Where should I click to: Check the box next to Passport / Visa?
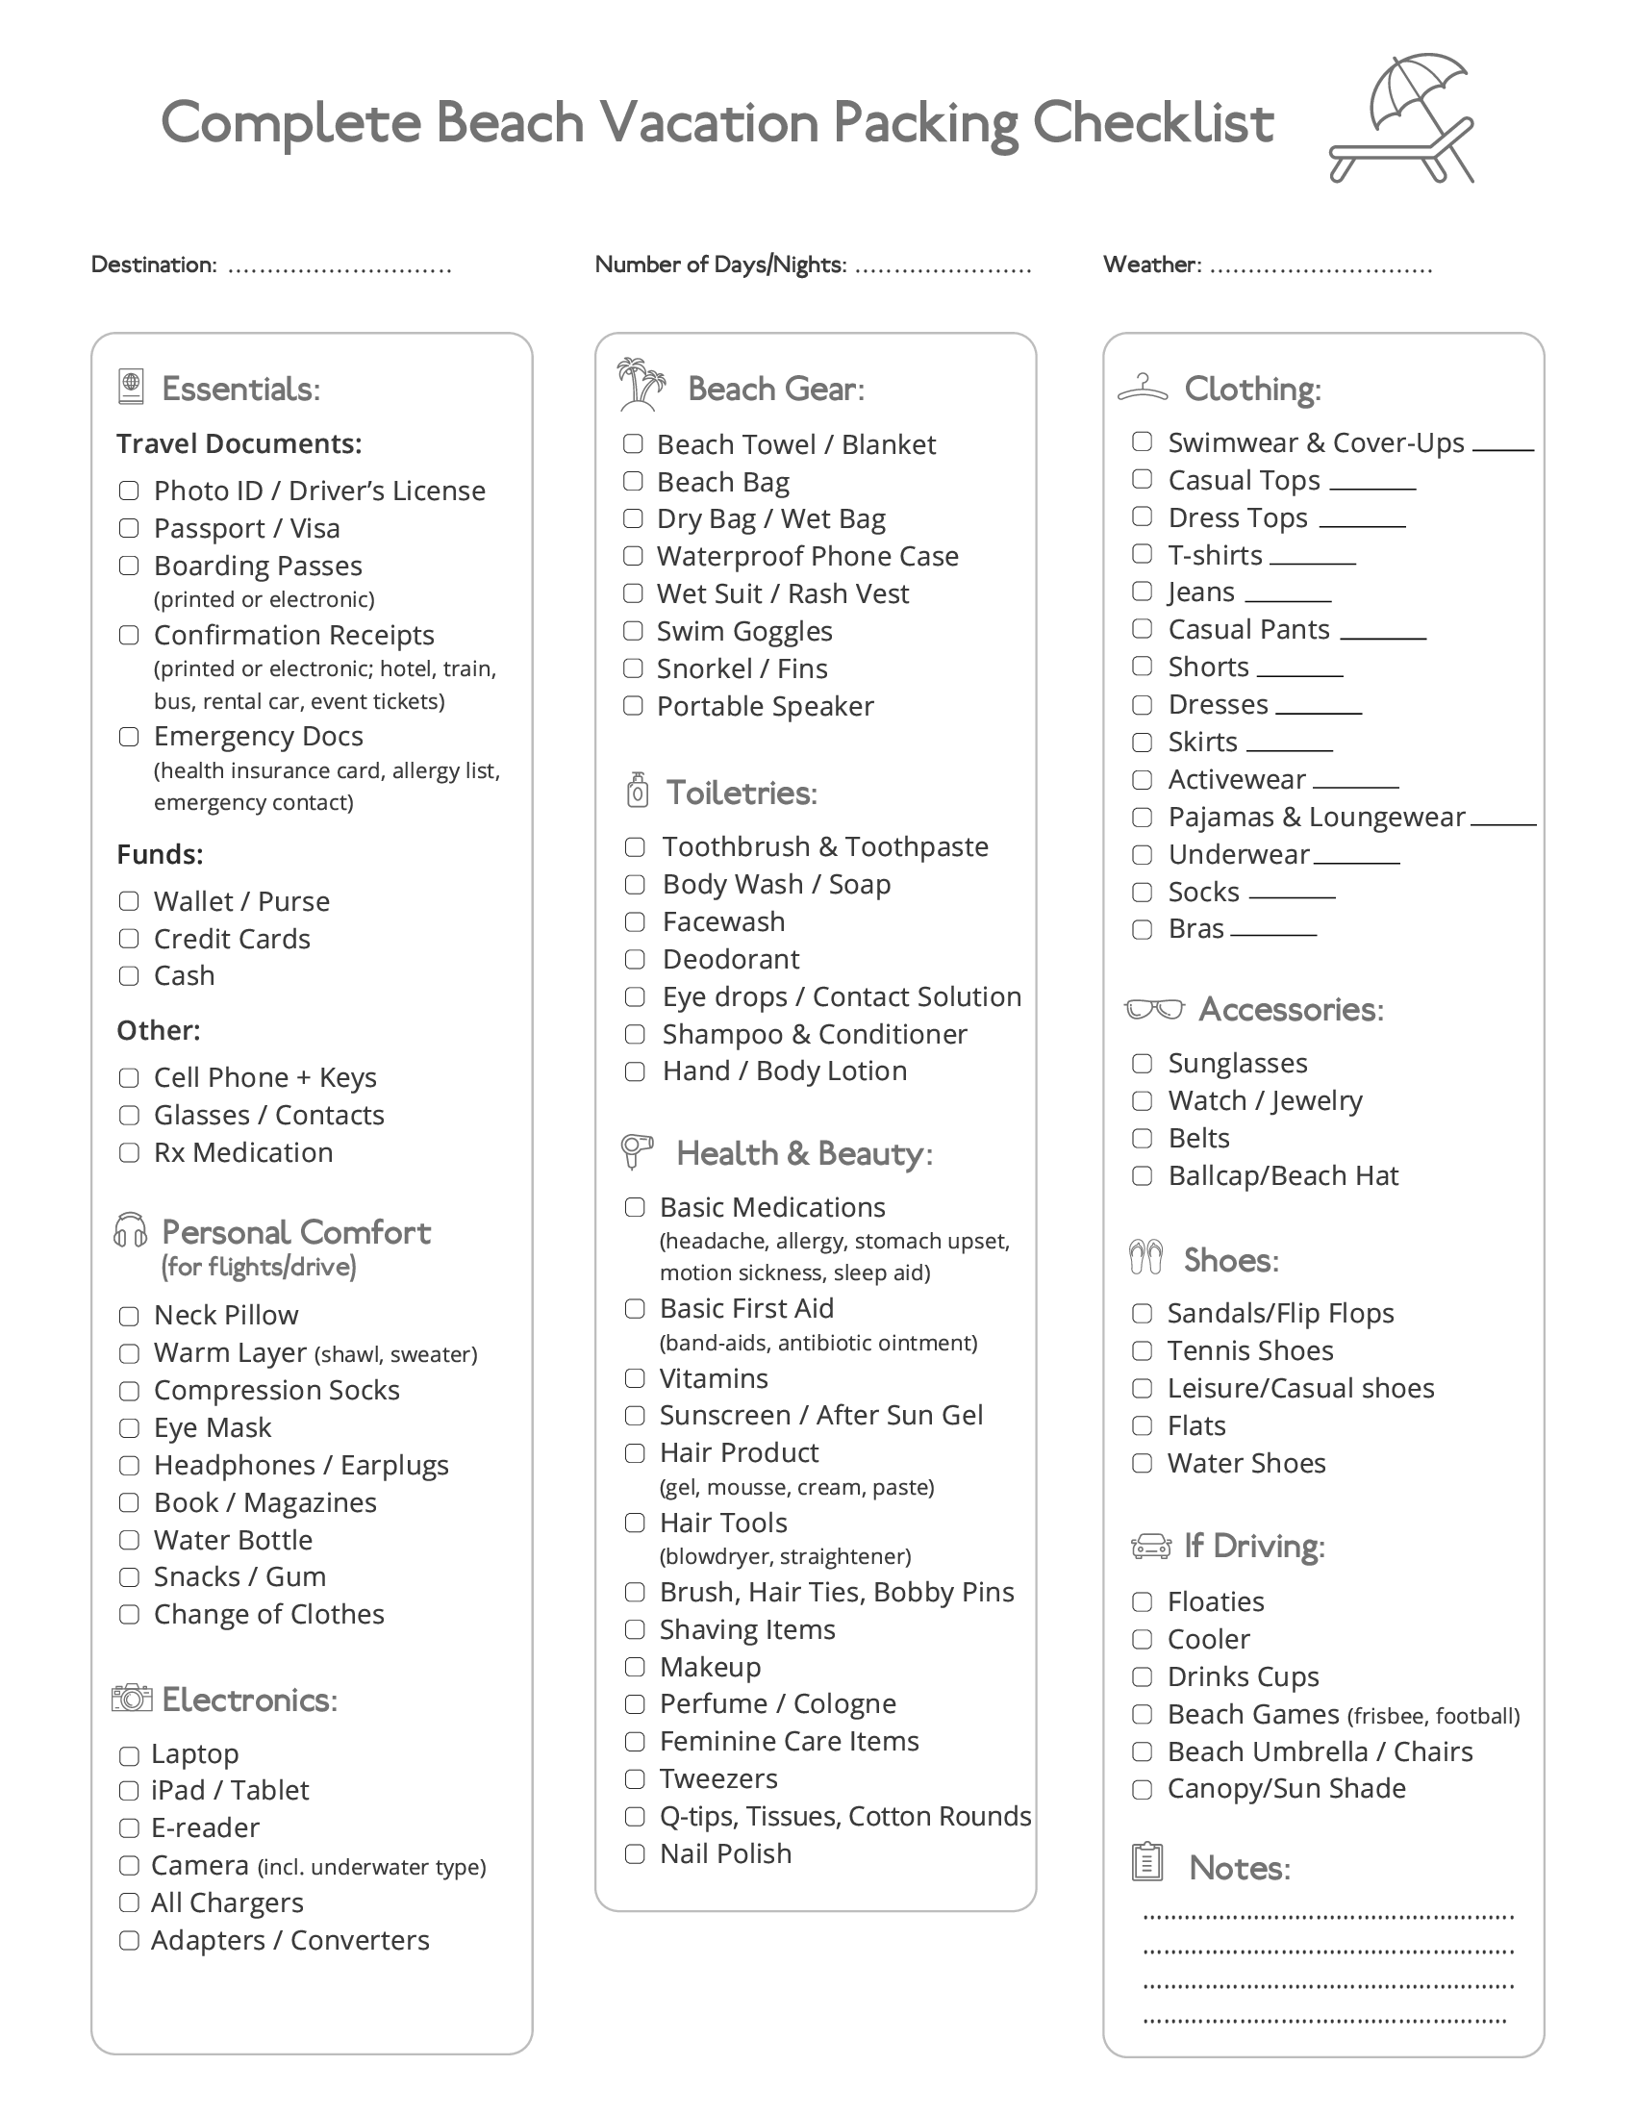pos(129,528)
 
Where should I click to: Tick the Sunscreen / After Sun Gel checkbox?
pos(635,1416)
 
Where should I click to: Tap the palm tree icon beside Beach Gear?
pos(641,385)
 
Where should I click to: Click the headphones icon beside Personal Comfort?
pos(130,1230)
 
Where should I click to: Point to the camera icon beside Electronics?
pos(132,1699)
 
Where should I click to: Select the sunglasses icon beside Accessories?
pos(1153,1010)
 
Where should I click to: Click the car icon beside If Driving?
pos(1150,1547)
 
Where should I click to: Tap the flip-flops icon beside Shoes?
pos(1145,1258)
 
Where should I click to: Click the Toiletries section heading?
pos(741,793)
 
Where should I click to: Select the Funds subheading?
pos(160,854)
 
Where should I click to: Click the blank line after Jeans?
pos(1288,600)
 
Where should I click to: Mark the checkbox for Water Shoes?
pos(1142,1463)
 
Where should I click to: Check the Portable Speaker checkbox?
pos(633,706)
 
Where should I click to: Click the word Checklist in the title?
pos(1152,123)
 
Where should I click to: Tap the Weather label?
pos(1151,264)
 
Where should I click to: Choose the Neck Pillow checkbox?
pos(129,1316)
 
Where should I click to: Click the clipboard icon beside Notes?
pos(1146,1861)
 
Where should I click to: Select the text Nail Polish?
pos(725,1853)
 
